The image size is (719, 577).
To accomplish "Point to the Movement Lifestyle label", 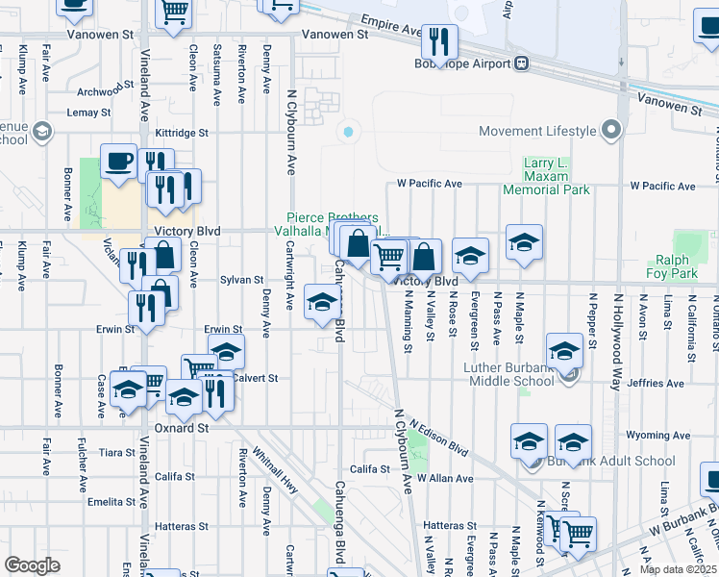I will coord(538,131).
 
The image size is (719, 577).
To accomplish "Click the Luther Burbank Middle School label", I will coord(495,374).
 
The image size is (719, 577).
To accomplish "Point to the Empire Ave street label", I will coord(391,25).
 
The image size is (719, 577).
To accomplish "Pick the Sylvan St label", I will coord(241,280).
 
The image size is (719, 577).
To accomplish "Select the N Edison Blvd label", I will coord(437,437).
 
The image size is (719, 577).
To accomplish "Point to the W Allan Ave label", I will coord(444,478).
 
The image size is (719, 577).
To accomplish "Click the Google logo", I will coord(32,565).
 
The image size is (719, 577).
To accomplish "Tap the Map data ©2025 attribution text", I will coord(676,569).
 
